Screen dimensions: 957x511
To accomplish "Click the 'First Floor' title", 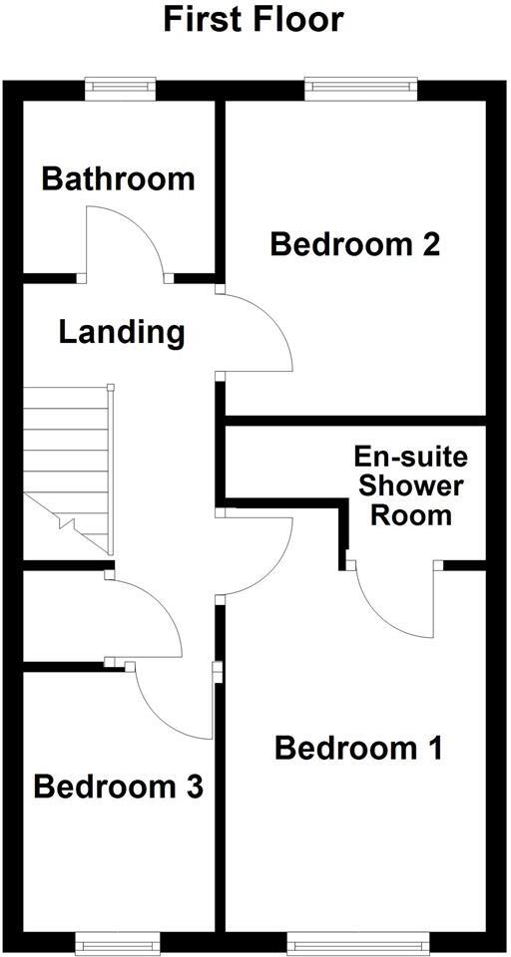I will pos(255,19).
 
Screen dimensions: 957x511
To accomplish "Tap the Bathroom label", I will pos(118,179).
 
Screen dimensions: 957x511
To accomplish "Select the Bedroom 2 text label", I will pos(355,244).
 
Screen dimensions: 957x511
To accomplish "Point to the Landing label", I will pos(122,332).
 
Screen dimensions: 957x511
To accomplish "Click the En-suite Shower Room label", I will pos(410,486).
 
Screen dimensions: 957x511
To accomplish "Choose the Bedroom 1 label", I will pos(359,747).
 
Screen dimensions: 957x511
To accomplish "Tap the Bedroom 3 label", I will pos(119,787).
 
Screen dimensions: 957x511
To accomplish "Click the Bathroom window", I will pos(121,89).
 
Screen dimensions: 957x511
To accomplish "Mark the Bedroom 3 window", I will pos(117,940).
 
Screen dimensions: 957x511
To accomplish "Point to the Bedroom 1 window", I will pos(358,940).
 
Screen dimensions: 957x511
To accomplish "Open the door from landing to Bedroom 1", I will pos(255,553).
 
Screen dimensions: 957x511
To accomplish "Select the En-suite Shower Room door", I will pos(394,603).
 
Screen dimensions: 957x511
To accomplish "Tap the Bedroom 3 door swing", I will pos(175,703).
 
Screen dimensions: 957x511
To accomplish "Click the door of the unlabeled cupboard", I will pos(145,613).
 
